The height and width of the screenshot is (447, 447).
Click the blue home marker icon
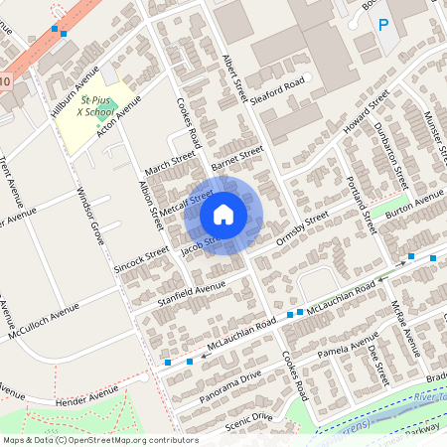[223, 215]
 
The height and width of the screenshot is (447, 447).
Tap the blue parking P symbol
[383, 23]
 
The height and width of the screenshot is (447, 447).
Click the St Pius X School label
[96, 107]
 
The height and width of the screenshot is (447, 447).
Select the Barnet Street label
[236, 156]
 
